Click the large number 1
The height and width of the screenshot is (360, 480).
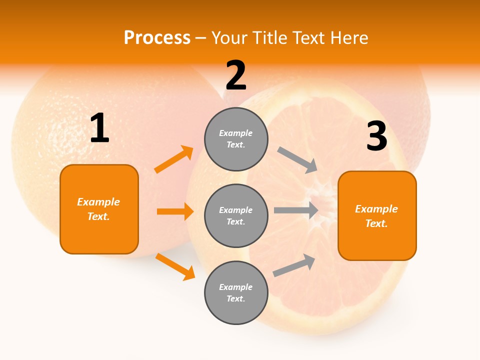point(99,128)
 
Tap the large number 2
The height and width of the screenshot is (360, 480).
point(236,76)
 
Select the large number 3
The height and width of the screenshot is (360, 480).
point(376,136)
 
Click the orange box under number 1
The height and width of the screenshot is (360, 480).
point(99,209)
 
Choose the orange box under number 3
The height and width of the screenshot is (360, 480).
point(377,215)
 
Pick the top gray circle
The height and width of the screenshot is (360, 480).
point(236,139)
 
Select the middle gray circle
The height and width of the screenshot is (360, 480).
point(236,215)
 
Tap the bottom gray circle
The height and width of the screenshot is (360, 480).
point(236,292)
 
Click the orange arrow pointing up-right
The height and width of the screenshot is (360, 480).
point(174,159)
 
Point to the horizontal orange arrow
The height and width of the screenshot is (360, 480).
point(175,211)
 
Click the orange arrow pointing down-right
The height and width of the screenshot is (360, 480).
point(175,266)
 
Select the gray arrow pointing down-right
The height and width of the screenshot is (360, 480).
point(298,160)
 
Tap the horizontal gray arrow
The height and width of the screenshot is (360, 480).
point(296,210)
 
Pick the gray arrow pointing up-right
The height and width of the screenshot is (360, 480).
point(294,265)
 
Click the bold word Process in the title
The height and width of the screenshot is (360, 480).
point(157,38)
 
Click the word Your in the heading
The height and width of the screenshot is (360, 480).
point(230,38)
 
